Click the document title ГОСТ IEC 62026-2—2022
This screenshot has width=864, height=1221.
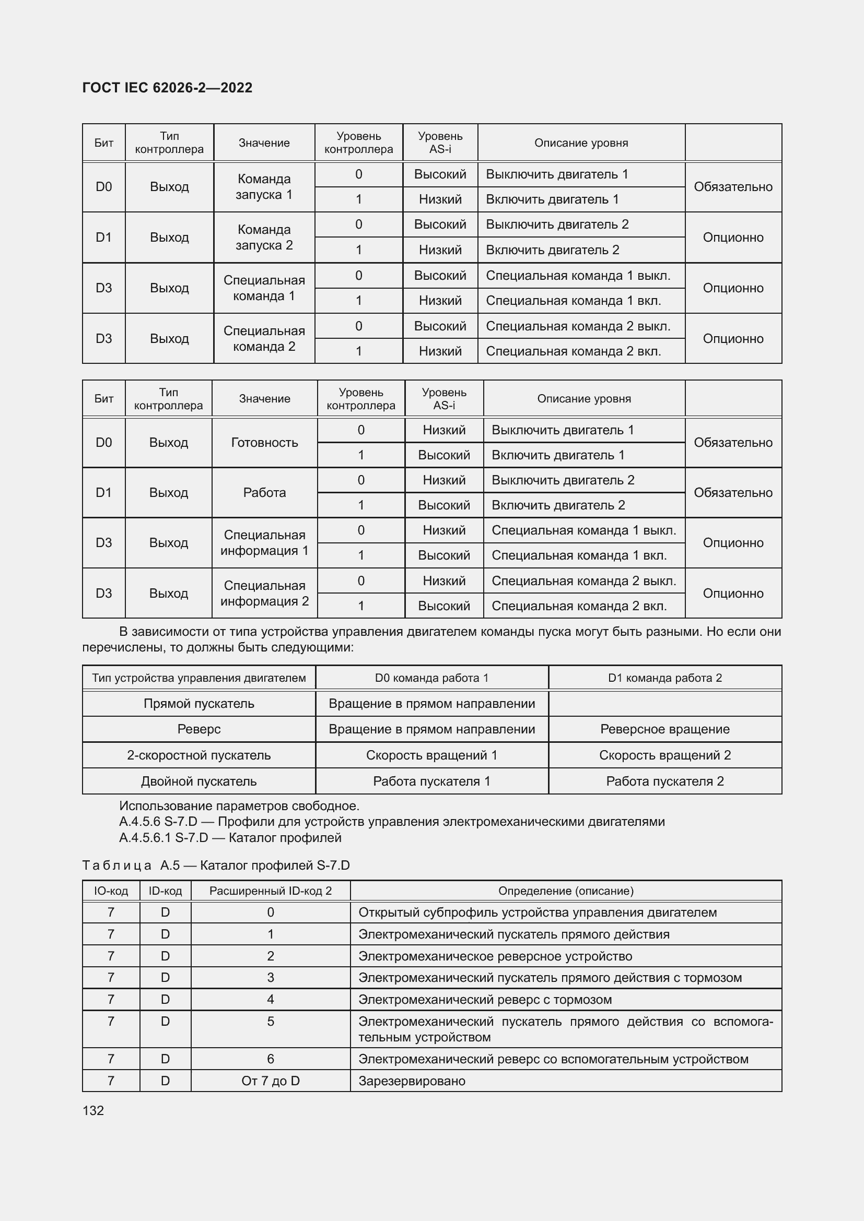point(167,88)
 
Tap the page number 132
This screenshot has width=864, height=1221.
point(93,1110)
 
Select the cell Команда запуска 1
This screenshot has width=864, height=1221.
point(264,187)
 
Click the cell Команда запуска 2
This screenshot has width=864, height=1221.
point(264,237)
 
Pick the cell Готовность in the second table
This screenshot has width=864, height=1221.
point(264,443)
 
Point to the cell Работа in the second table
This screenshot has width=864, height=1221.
point(264,492)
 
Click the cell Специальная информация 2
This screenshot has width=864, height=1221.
point(264,593)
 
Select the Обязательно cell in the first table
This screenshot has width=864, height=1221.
point(732,187)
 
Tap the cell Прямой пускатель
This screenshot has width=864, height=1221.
point(199,704)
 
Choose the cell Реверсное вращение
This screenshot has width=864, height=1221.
point(664,729)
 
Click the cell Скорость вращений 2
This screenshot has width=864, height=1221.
point(664,755)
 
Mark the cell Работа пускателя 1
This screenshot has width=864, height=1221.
point(431,781)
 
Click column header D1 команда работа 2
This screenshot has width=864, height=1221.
point(664,678)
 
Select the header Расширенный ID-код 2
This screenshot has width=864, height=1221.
point(270,891)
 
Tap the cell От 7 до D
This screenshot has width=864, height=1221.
point(270,1081)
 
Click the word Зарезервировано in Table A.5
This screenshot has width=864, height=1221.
point(412,1081)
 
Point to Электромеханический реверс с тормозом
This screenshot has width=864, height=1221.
point(485,999)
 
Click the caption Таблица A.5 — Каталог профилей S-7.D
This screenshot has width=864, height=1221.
point(216,865)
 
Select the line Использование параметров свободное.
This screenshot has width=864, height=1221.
point(239,805)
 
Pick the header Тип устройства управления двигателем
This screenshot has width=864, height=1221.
point(199,678)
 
